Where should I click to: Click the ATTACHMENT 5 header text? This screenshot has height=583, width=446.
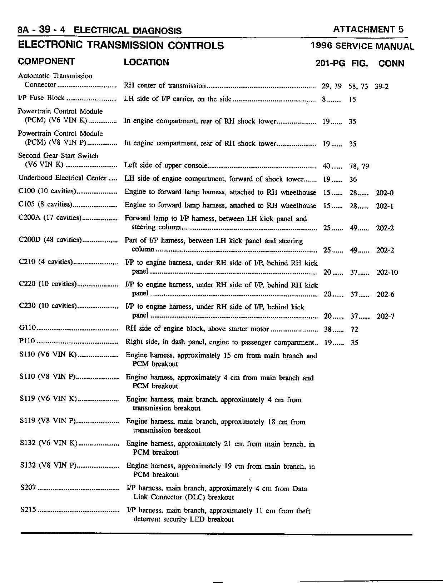tap(368, 30)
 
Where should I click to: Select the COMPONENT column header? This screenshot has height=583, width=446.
tap(46, 61)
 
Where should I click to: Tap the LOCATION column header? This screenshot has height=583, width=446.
tap(146, 63)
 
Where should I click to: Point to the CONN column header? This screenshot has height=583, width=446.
tap(391, 64)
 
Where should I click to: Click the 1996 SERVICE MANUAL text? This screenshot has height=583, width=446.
tap(362, 46)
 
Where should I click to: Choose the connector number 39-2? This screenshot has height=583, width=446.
tap(382, 86)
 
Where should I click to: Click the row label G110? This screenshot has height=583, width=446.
tap(28, 328)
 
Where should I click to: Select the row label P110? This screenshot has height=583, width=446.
tap(27, 341)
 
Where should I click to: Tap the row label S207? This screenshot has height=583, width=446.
tap(28, 488)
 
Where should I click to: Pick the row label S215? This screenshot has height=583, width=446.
tap(28, 510)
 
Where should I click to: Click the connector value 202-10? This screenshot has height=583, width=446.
tap(387, 273)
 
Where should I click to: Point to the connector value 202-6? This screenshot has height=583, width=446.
tap(385, 295)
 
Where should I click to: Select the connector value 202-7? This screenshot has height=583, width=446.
tap(385, 317)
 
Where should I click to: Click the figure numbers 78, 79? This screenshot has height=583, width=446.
tap(359, 166)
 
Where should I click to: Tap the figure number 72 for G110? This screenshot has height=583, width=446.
tap(354, 329)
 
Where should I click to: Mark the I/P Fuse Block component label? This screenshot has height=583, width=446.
tap(41, 98)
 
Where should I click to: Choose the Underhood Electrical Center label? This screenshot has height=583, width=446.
tap(62, 178)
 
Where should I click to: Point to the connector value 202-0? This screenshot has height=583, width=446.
tap(385, 193)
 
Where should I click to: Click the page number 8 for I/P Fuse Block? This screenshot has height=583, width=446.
tap(324, 99)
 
